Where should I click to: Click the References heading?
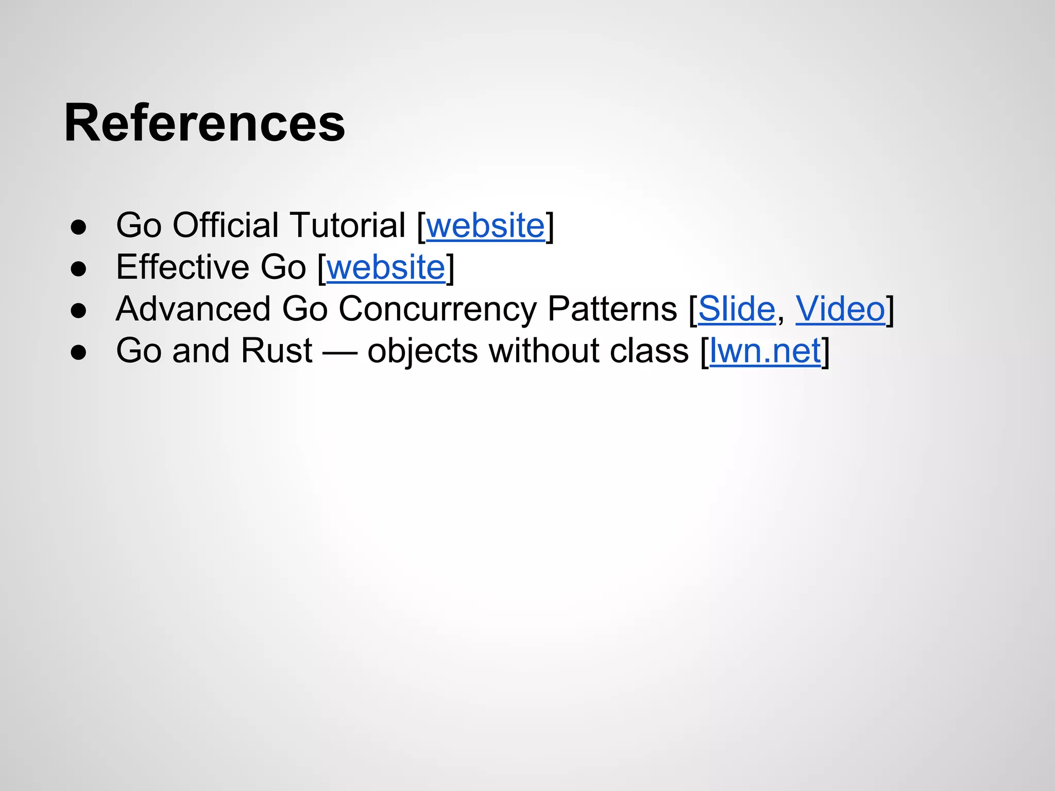click(x=205, y=123)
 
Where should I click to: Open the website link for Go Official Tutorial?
click(x=485, y=226)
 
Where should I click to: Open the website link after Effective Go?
click(x=386, y=267)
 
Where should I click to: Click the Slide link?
click(x=736, y=309)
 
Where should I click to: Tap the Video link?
click(x=840, y=309)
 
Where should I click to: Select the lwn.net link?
click(x=765, y=351)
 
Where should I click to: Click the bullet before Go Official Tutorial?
click(x=78, y=227)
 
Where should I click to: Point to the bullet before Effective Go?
click(x=78, y=269)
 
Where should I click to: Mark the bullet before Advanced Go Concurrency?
click(x=78, y=311)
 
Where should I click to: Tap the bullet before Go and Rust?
click(x=78, y=353)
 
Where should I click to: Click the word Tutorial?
click(x=348, y=226)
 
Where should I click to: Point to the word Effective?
click(x=182, y=267)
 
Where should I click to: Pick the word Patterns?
click(x=611, y=309)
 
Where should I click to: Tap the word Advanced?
click(x=193, y=309)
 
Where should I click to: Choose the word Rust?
click(x=276, y=351)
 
